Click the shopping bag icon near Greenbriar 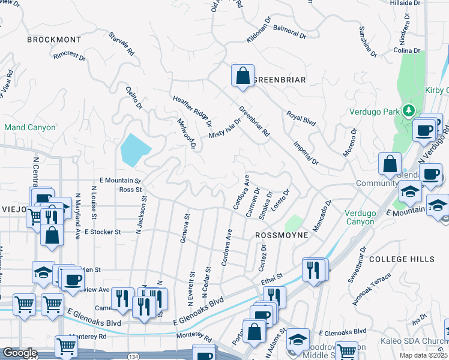[242, 77]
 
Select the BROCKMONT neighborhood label [53, 40]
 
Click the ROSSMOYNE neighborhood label [282, 235]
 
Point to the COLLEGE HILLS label [402, 259]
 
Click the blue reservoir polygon [135, 149]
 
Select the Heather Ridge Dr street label [192, 112]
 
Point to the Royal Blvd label [301, 118]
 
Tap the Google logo [20, 353]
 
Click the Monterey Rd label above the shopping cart [87, 337]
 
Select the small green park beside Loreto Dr [293, 223]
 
